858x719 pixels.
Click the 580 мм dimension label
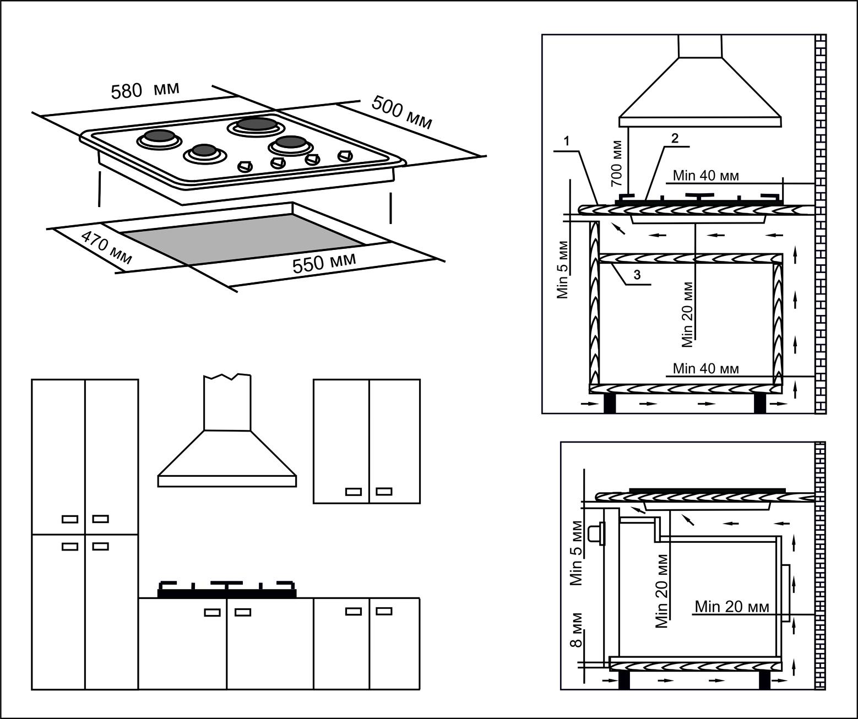coord(145,90)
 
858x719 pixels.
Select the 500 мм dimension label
coord(401,112)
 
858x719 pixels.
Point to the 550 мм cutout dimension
coord(324,263)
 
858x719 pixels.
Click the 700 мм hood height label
coord(617,163)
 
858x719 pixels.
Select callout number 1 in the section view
coord(567,141)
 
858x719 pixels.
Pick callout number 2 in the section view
coord(675,138)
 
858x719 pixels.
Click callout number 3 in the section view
coord(637,275)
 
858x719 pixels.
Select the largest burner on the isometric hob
coord(257,125)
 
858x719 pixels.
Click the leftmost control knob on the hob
coord(244,166)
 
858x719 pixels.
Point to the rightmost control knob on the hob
coord(345,156)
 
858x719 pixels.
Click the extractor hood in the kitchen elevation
coord(227,440)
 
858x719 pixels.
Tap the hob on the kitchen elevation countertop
coord(227,590)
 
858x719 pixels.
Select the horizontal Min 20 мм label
coord(732,607)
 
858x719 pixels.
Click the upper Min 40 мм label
coord(705,176)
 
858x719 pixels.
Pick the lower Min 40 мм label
coord(705,368)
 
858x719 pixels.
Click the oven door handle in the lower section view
coord(595,534)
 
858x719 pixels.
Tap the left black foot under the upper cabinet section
coord(610,404)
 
